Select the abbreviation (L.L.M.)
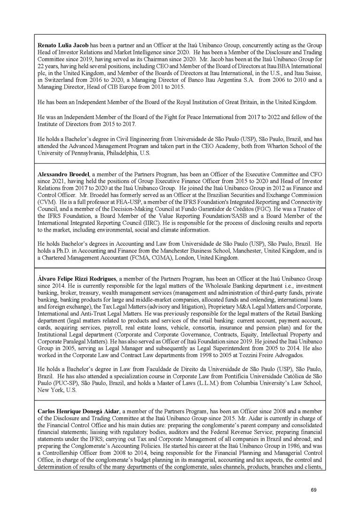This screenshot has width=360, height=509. point(220,384)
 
